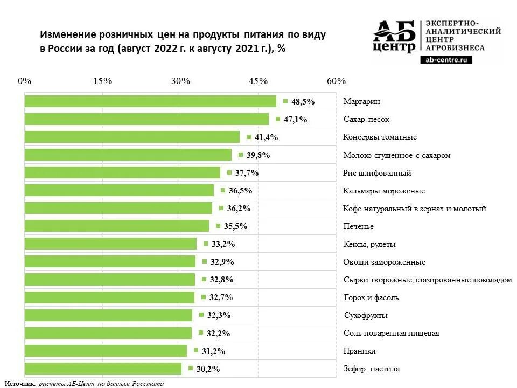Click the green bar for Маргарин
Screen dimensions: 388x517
[150, 101]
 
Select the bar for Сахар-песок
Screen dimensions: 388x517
[146, 119]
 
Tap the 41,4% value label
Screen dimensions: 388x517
[266, 137]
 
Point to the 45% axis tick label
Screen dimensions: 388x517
[258, 81]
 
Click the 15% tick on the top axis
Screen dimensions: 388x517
[102, 81]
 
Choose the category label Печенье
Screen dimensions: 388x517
[358, 226]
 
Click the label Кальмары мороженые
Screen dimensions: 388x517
[383, 191]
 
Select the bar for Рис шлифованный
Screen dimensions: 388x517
[122, 172]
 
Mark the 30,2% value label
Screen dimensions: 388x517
[208, 369]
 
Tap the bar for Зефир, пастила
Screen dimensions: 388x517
[103, 369]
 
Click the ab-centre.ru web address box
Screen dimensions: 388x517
[445, 60]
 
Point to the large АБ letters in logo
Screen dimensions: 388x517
[394, 31]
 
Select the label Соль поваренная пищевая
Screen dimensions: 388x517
[391, 333]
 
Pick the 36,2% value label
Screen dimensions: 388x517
[239, 209]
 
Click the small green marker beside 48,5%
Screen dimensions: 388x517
[285, 101]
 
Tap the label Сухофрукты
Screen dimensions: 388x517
[365, 315]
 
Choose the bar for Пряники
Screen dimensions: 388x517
[106, 351]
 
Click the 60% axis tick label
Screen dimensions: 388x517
[336, 81]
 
